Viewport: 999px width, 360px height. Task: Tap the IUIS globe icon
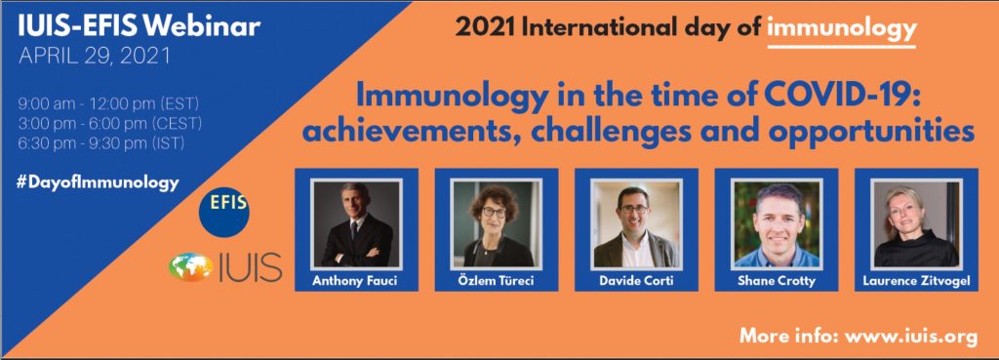click(191, 267)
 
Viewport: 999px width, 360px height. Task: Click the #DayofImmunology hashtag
click(100, 182)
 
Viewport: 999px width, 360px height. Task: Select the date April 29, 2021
click(95, 56)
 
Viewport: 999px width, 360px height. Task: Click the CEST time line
click(110, 122)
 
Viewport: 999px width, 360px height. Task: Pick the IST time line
click(101, 143)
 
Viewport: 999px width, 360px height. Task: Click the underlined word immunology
click(842, 28)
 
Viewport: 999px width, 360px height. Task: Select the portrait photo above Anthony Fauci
click(356, 223)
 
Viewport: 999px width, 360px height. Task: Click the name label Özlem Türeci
click(497, 280)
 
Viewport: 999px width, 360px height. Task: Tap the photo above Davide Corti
click(636, 223)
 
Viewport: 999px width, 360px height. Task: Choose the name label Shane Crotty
click(776, 280)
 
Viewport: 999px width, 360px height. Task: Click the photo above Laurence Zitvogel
click(916, 223)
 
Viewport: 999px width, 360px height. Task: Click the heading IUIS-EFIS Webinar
click(140, 26)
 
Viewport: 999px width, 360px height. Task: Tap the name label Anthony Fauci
click(356, 280)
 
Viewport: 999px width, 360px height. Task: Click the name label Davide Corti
click(636, 280)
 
